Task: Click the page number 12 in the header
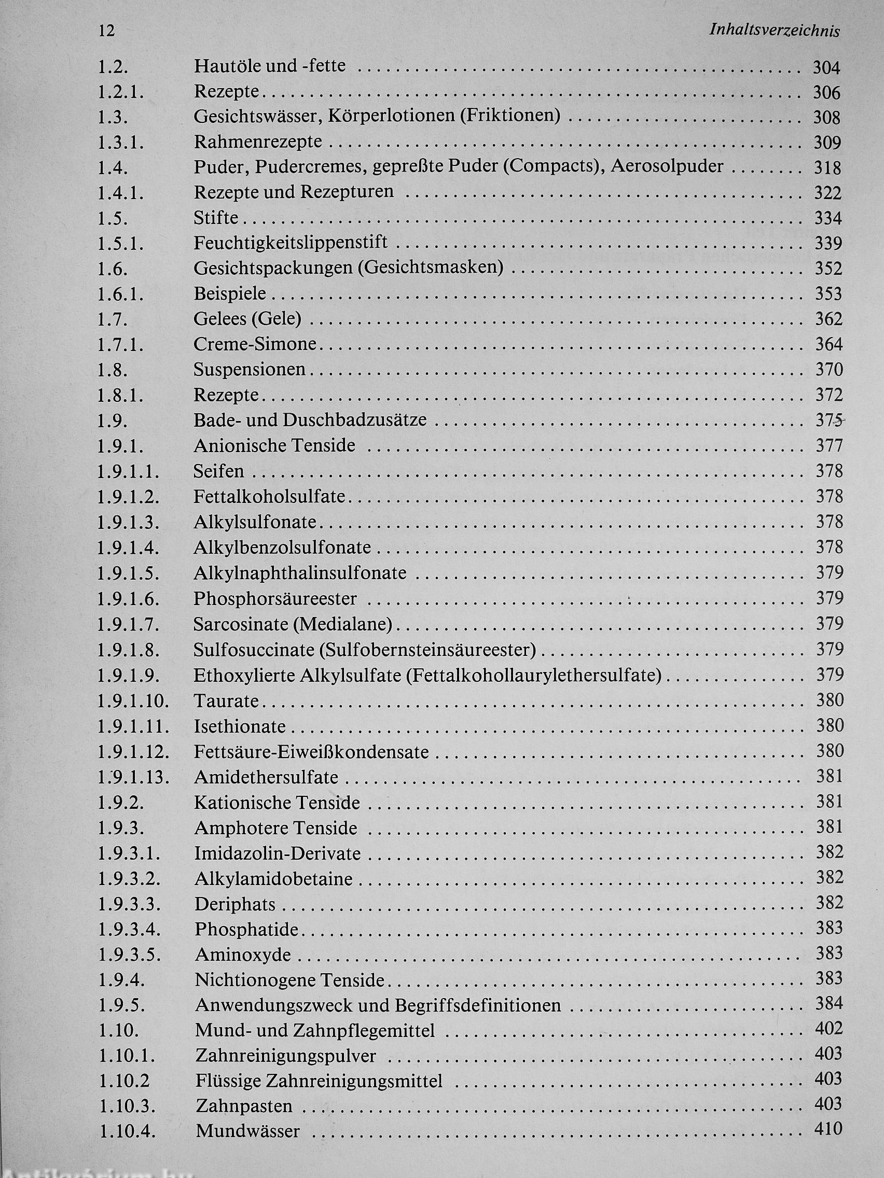pyautogui.click(x=107, y=31)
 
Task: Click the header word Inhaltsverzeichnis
pyautogui.click(x=774, y=32)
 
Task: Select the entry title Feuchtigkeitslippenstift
pyautogui.click(x=291, y=243)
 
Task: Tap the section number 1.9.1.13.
pyautogui.click(x=133, y=778)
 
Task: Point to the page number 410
pyautogui.click(x=828, y=1128)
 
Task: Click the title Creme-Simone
pyautogui.click(x=255, y=344)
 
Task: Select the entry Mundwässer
pyautogui.click(x=248, y=1130)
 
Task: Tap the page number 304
pyautogui.click(x=826, y=67)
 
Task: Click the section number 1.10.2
pyautogui.click(x=124, y=1079)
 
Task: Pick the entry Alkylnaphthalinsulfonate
pyautogui.click(x=300, y=573)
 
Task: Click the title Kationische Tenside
pyautogui.click(x=277, y=803)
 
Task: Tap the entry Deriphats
pyautogui.click(x=235, y=904)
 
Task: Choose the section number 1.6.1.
pyautogui.click(x=120, y=294)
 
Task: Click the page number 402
pyautogui.click(x=828, y=1028)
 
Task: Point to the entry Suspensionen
pyautogui.click(x=250, y=369)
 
